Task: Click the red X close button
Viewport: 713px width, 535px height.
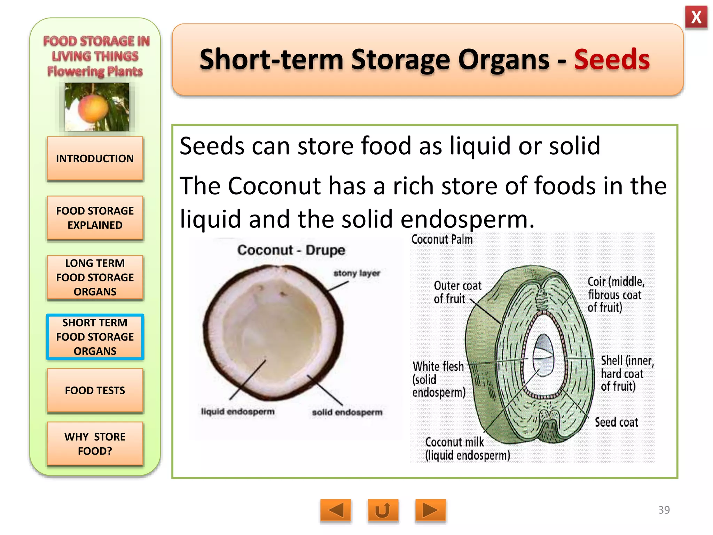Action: pyautogui.click(x=696, y=17)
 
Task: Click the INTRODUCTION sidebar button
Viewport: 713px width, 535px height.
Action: pyautogui.click(x=95, y=158)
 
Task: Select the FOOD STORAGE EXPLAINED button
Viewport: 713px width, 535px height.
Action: pyautogui.click(x=95, y=218)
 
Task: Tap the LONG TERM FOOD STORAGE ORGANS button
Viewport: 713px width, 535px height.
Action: pyautogui.click(x=95, y=277)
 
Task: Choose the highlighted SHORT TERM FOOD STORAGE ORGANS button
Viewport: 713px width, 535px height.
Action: pyautogui.click(x=95, y=337)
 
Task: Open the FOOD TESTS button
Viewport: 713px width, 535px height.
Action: pyautogui.click(x=95, y=390)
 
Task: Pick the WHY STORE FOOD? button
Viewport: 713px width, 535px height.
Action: pyautogui.click(x=95, y=444)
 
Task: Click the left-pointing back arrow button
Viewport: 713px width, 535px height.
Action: pyautogui.click(x=336, y=511)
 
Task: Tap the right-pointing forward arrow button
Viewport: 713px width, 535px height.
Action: pyautogui.click(x=430, y=511)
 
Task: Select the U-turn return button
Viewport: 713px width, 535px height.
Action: pyautogui.click(x=383, y=511)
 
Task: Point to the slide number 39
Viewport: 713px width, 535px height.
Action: pyautogui.click(x=664, y=510)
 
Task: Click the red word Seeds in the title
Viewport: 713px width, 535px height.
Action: pyautogui.click(x=612, y=60)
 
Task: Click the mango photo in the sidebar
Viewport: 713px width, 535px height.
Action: pyautogui.click(x=97, y=107)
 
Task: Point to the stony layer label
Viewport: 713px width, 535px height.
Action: pyautogui.click(x=356, y=273)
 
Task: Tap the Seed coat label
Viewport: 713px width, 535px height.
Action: pyautogui.click(x=616, y=422)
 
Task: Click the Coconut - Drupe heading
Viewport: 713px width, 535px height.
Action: pyautogui.click(x=291, y=250)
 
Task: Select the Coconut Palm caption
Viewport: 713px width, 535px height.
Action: pyautogui.click(x=442, y=240)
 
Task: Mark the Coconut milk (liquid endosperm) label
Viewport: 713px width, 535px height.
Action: pyautogui.click(x=467, y=449)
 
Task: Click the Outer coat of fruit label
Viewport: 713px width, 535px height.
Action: pyautogui.click(x=457, y=292)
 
